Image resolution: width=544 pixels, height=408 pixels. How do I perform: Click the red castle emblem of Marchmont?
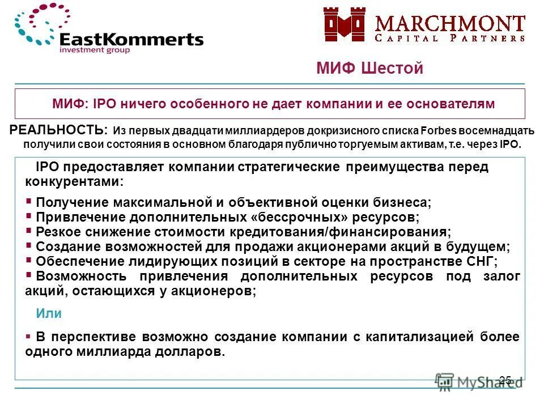345,25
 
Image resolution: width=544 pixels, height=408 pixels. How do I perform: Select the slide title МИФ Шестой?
369,69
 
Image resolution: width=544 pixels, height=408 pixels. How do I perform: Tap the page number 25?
505,380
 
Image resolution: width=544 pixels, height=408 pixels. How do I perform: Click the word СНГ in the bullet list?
481,261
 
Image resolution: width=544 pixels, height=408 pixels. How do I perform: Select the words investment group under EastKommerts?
95,50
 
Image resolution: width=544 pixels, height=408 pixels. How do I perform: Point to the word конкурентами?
73,182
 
